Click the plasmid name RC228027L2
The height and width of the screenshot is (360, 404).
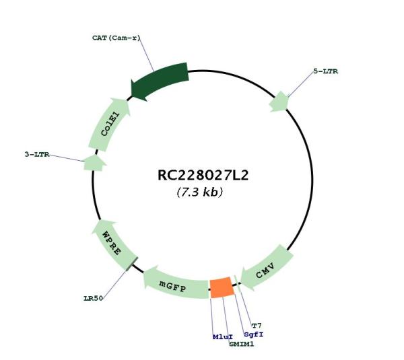click(x=203, y=176)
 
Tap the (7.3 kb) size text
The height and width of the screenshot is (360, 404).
click(x=200, y=192)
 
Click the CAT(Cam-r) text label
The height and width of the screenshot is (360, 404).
click(x=116, y=38)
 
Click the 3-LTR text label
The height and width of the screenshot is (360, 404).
click(x=37, y=154)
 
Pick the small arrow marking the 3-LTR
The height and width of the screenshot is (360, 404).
click(x=94, y=163)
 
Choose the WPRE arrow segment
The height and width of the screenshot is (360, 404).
click(x=113, y=245)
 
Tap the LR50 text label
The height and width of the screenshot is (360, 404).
click(x=94, y=298)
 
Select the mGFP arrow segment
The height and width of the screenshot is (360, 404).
click(x=175, y=283)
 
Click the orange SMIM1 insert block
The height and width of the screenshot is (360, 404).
click(x=222, y=287)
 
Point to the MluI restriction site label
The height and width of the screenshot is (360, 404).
click(x=223, y=337)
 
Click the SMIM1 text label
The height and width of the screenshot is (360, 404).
click(x=242, y=344)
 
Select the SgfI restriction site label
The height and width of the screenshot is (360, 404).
click(x=254, y=334)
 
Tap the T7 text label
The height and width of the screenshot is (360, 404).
click(x=257, y=326)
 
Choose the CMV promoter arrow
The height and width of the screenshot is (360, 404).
click(x=267, y=268)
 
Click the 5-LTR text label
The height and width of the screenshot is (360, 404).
click(x=326, y=71)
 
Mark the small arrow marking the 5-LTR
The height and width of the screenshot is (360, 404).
click(x=279, y=102)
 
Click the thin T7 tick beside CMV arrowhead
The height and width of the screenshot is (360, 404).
click(x=237, y=284)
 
